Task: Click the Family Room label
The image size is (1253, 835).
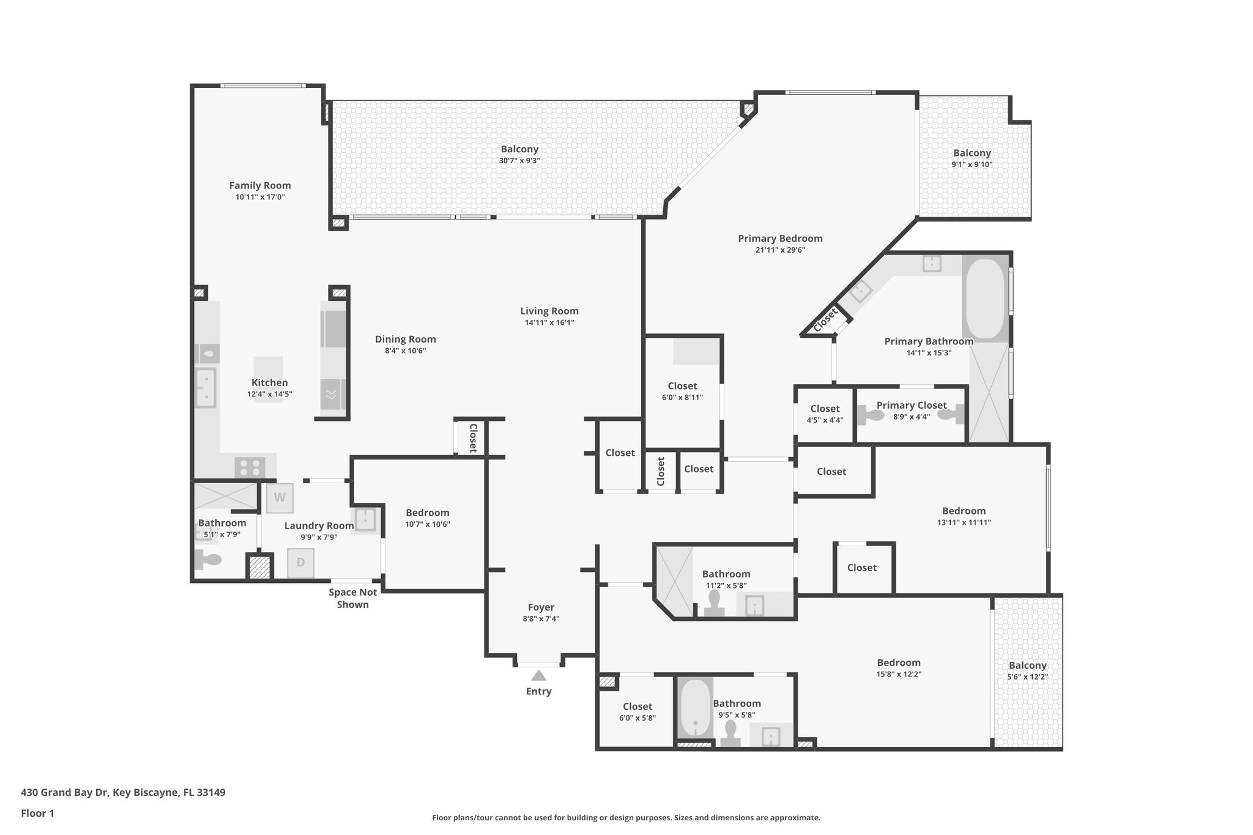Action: (260, 185)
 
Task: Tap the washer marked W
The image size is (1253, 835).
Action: (280, 498)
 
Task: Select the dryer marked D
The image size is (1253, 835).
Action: (300, 563)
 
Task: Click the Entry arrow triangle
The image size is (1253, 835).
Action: (538, 675)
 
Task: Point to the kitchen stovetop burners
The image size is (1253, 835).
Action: (250, 468)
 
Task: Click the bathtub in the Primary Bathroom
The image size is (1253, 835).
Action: (984, 299)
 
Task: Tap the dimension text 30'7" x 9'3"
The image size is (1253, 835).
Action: (519, 161)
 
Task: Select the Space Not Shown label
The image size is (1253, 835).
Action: (352, 598)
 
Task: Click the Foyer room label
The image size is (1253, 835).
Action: (541, 607)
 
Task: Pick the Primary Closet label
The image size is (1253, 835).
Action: (911, 405)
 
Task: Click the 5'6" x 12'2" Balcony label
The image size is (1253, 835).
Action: (1027, 666)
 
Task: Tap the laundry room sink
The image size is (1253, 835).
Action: (365, 519)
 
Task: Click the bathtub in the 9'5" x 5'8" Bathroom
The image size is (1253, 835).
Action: (695, 710)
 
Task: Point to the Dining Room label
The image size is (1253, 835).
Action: (405, 340)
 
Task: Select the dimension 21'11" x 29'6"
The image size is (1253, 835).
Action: (780, 250)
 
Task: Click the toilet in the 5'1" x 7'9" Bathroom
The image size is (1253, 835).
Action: (207, 559)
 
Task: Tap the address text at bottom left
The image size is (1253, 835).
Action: (123, 793)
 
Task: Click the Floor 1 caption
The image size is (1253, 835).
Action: (37, 814)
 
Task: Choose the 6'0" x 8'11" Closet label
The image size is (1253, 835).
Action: (682, 386)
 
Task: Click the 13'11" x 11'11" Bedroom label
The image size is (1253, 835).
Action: (964, 511)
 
